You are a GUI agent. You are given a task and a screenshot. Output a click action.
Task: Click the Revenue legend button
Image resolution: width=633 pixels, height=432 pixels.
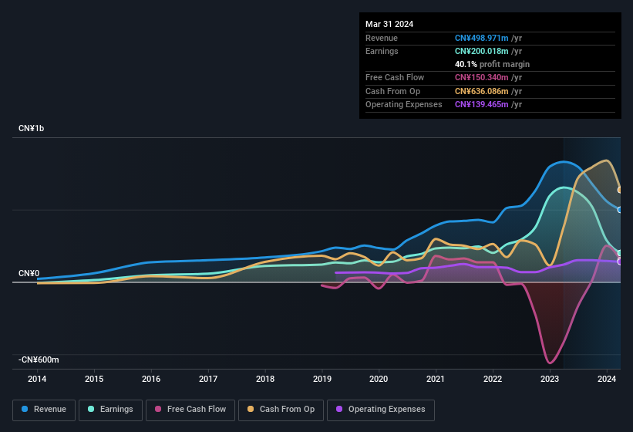[44, 410]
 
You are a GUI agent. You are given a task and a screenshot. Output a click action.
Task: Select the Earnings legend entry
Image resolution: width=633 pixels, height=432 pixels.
[111, 410]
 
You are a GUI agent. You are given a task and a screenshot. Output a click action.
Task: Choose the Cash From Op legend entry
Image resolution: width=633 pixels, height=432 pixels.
[281, 410]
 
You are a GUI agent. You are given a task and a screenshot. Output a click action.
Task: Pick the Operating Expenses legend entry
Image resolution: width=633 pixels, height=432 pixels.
[380, 410]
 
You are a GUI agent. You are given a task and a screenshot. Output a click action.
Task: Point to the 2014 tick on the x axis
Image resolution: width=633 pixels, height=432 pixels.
[37, 379]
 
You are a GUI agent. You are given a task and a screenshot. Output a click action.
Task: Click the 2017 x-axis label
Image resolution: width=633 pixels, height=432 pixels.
[208, 379]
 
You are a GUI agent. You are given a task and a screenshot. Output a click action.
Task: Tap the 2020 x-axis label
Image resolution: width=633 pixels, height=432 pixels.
[379, 379]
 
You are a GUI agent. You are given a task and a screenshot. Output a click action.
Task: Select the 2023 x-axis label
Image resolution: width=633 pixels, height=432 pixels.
[550, 379]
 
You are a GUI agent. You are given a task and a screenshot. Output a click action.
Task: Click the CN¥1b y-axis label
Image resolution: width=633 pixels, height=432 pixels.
[32, 128]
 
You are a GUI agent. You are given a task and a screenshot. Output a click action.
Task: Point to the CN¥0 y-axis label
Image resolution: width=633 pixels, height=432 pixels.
[29, 273]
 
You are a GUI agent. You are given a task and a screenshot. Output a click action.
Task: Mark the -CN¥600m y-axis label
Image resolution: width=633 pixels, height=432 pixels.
[39, 359]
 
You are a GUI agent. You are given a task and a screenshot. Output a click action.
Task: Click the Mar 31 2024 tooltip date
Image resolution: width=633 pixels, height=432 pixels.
[389, 24]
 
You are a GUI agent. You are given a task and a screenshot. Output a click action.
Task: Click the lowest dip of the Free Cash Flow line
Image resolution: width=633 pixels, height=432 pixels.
[550, 363]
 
